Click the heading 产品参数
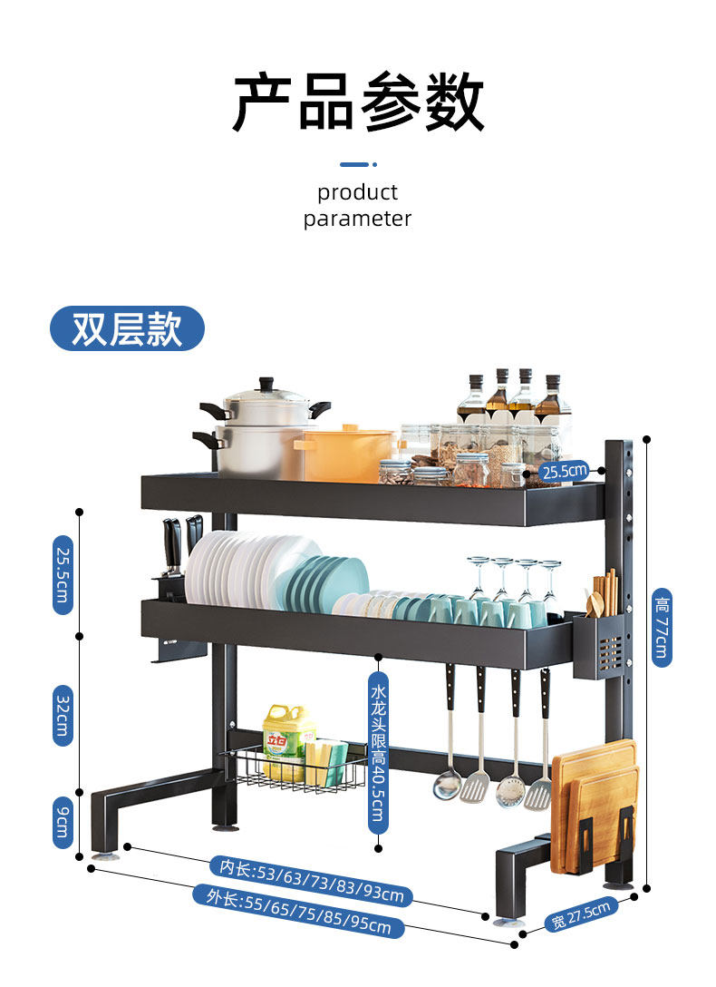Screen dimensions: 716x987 click(x=358, y=103)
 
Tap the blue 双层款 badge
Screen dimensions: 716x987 click(x=127, y=328)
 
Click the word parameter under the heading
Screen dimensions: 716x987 click(x=357, y=219)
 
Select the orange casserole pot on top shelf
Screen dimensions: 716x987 click(x=344, y=454)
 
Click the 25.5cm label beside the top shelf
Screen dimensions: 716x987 click(x=564, y=470)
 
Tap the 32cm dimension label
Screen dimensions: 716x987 click(x=63, y=714)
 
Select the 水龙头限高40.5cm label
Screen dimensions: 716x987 click(x=378, y=753)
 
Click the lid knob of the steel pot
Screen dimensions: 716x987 click(x=266, y=384)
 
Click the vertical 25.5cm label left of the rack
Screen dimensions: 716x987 click(x=63, y=574)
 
